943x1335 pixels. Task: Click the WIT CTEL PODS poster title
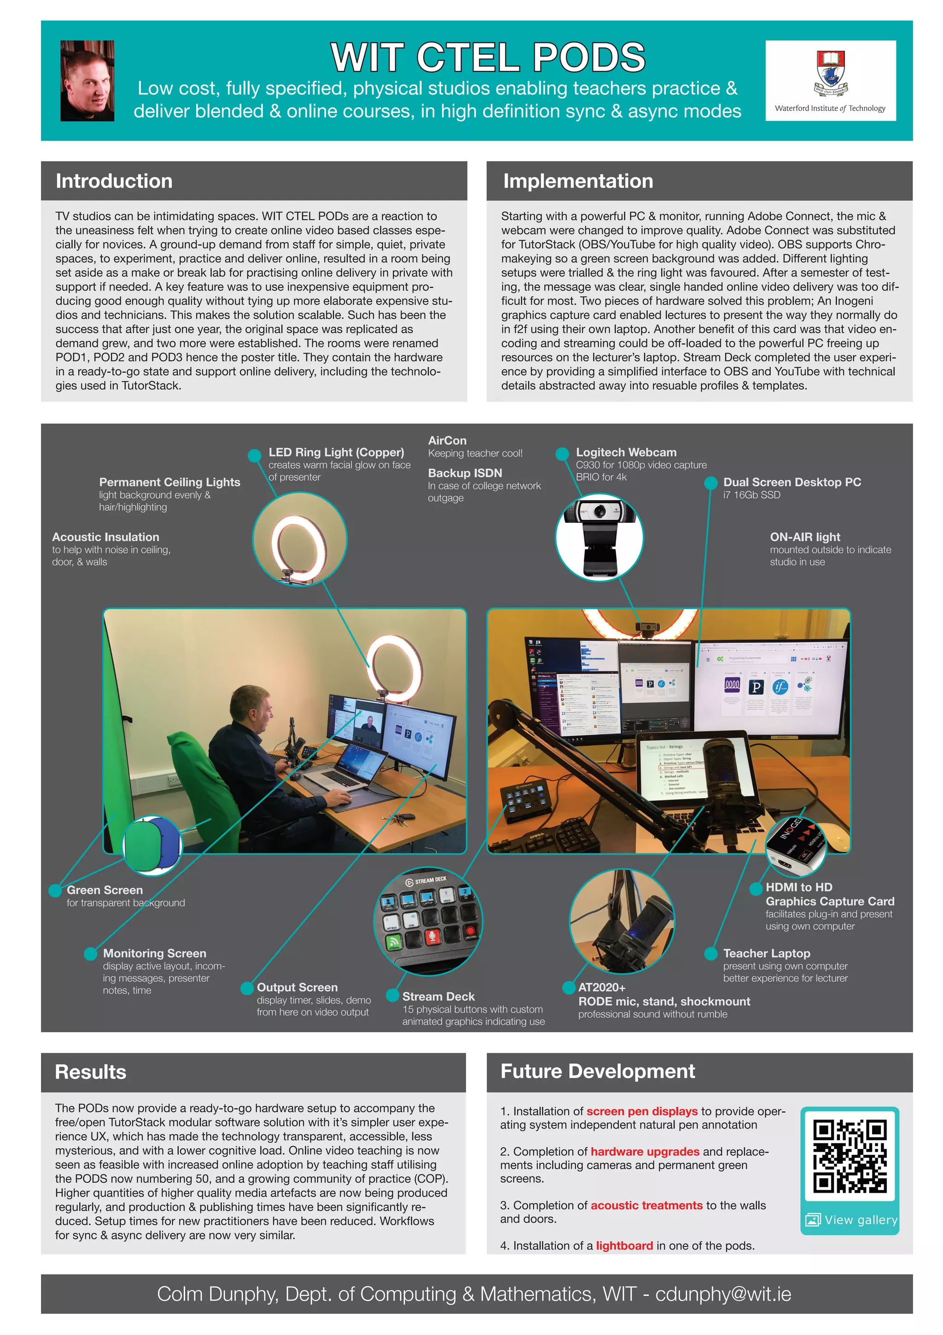(x=487, y=57)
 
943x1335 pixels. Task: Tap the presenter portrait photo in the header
(x=87, y=81)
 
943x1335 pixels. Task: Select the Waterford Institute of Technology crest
(x=830, y=73)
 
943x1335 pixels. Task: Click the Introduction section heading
(x=114, y=181)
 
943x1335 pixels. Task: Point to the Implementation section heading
(x=578, y=181)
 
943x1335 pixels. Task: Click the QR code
(x=850, y=1156)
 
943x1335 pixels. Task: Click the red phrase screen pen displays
(x=642, y=1111)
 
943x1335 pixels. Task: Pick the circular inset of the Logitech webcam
(x=600, y=537)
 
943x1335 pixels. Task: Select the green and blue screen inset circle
(x=153, y=845)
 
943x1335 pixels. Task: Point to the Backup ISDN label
(x=465, y=473)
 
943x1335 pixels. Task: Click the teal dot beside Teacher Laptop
(x=710, y=954)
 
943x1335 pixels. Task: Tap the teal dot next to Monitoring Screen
(x=90, y=954)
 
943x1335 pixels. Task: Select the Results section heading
(x=91, y=1072)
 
